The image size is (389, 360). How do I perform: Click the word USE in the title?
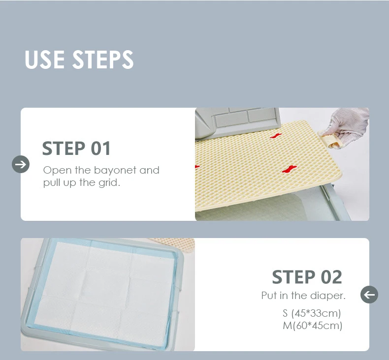pyautogui.click(x=45, y=60)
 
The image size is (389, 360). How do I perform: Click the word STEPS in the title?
pyautogui.click(x=103, y=60)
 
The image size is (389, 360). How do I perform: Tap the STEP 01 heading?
pyautogui.click(x=76, y=148)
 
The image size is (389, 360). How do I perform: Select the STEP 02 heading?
pyautogui.click(x=307, y=277)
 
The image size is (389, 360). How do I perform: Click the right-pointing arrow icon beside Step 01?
pyautogui.click(x=21, y=164)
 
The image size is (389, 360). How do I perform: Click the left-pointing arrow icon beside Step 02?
pyautogui.click(x=369, y=295)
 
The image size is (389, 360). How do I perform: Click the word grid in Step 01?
pyautogui.click(x=109, y=183)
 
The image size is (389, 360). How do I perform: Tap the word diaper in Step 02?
pyautogui.click(x=328, y=296)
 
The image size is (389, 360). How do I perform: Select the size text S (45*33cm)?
pyautogui.click(x=312, y=313)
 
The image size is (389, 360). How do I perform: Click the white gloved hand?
pyautogui.click(x=347, y=126)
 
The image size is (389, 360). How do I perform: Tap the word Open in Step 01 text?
pyautogui.click(x=54, y=171)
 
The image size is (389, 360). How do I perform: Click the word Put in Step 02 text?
pyautogui.click(x=269, y=296)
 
